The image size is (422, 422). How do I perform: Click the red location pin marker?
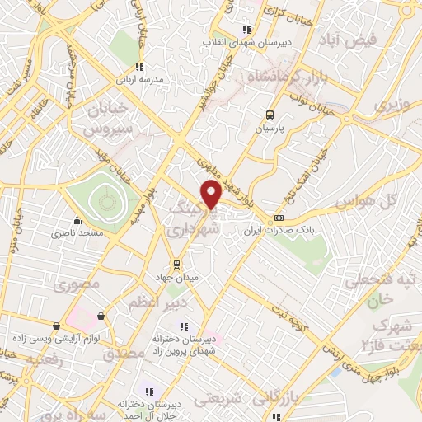[x=212, y=195]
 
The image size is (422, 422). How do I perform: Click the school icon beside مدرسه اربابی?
[x=140, y=67]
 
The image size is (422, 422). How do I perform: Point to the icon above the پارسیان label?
[x=270, y=115]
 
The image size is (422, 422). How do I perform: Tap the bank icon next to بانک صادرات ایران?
[x=279, y=219]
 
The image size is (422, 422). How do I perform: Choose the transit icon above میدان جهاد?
[x=176, y=264]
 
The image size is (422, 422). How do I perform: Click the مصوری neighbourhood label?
[x=76, y=286]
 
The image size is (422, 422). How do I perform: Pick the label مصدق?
[x=124, y=353]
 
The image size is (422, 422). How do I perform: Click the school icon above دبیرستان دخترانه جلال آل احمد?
[x=149, y=391]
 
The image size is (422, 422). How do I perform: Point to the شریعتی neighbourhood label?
[x=218, y=401]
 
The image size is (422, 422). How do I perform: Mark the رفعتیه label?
[x=42, y=360]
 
